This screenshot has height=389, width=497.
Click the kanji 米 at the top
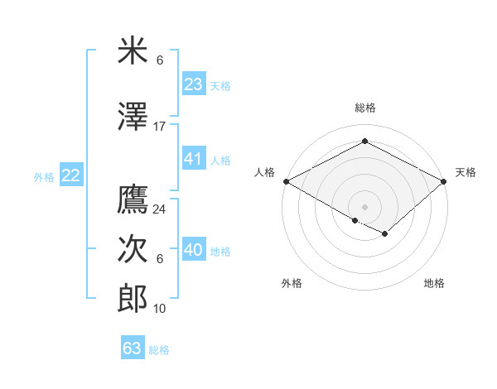(x=133, y=51)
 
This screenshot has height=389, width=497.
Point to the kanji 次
(x=133, y=249)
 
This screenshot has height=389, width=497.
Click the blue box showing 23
(x=194, y=84)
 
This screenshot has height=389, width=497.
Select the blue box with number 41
(x=194, y=159)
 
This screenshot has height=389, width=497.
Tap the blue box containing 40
(x=194, y=250)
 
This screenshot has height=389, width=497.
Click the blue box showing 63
(x=133, y=348)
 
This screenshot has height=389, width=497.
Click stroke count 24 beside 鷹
(x=160, y=209)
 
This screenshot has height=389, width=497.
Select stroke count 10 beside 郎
(x=160, y=309)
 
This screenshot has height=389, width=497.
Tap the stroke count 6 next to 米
(x=160, y=60)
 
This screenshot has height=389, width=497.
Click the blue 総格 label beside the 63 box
(x=159, y=350)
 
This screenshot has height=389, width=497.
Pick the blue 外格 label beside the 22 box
(x=44, y=176)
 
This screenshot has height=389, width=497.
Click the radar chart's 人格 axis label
(x=264, y=172)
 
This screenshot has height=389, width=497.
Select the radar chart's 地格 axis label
(x=434, y=283)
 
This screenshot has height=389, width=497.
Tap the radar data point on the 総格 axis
(x=364, y=142)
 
